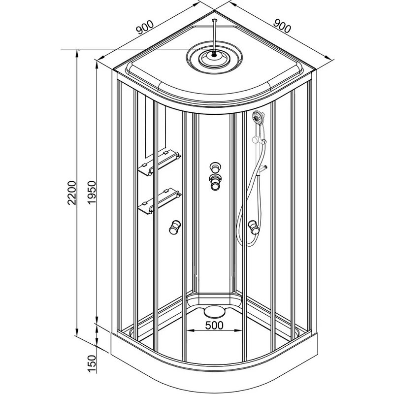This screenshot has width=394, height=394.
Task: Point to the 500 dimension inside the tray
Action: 215,325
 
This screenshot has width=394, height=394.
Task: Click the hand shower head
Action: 257,118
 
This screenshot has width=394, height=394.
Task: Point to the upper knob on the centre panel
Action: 215,166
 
